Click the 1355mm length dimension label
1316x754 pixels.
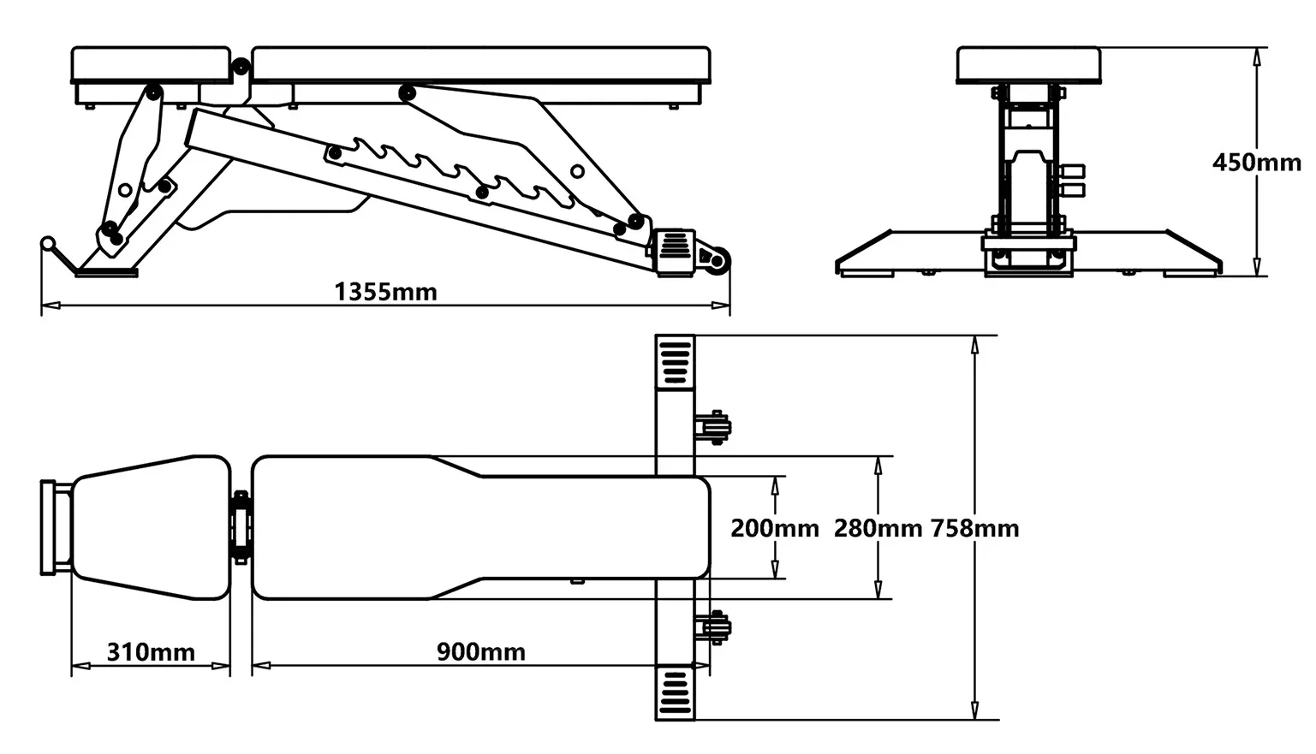pos(385,292)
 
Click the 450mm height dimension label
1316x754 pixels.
pos(1256,163)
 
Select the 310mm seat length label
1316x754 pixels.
pos(151,652)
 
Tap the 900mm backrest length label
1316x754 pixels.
pos(481,652)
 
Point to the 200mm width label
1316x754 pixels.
pos(774,528)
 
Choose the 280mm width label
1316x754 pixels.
pos(878,528)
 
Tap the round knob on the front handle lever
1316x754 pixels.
pos(48,243)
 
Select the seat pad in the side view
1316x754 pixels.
pos(152,64)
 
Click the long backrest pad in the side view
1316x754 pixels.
pos(481,64)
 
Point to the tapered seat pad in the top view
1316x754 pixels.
pos(151,527)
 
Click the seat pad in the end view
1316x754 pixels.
pos(1027,65)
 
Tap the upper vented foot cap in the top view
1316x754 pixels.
pos(675,362)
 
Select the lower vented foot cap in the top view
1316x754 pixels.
pos(675,693)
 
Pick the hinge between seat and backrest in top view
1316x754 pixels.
pos(241,527)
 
